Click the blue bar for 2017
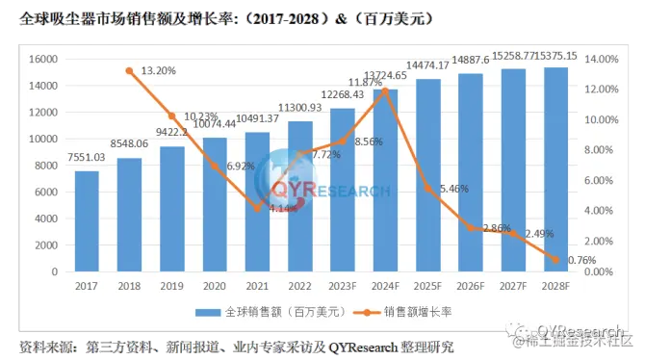coord(87,221)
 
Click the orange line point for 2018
coord(129,71)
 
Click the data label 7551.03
coord(87,158)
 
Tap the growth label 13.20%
coord(161,70)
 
